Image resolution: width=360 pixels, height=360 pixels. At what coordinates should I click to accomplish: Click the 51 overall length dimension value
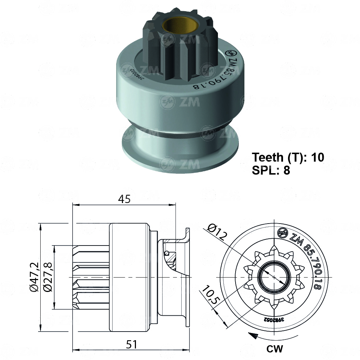[132, 345]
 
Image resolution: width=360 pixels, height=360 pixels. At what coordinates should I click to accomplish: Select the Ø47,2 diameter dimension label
[35, 277]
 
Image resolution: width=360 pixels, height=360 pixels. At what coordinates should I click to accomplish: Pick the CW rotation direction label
[275, 348]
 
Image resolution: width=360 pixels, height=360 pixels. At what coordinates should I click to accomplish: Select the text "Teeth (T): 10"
[288, 157]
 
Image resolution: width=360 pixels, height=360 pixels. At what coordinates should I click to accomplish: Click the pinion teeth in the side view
[92, 277]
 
